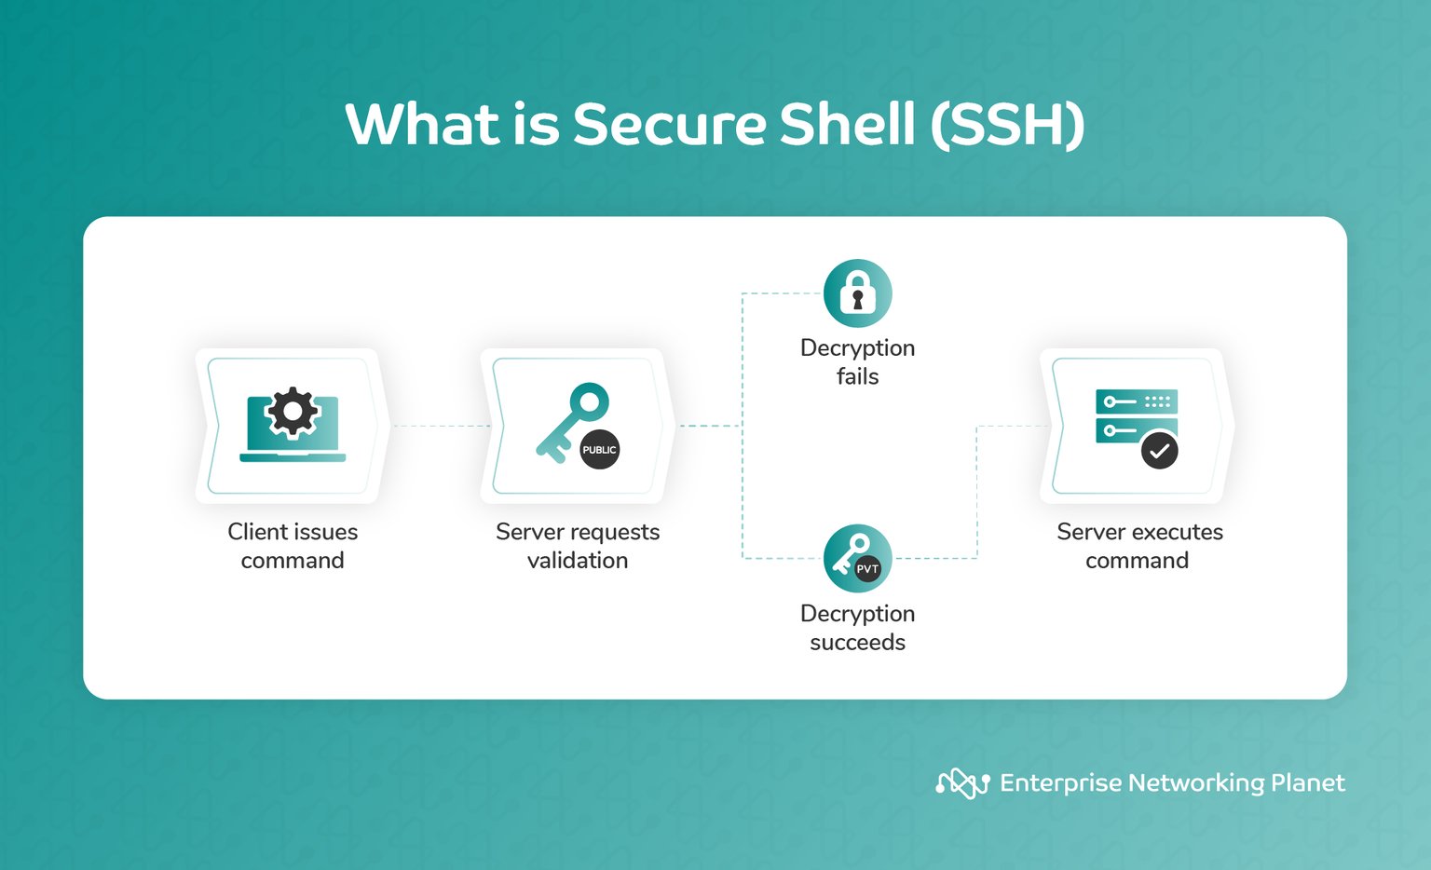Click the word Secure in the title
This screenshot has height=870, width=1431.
tap(669, 125)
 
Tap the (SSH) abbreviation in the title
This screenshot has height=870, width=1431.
tap(1007, 125)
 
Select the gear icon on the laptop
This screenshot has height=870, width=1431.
tap(293, 412)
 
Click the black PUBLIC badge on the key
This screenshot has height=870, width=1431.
tap(599, 450)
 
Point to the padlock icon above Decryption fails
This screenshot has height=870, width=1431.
tap(857, 293)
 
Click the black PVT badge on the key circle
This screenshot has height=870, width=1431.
tap(867, 569)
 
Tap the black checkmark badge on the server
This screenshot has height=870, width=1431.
tap(1159, 451)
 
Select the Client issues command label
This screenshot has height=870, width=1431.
tap(293, 546)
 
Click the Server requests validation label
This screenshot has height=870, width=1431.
tap(578, 546)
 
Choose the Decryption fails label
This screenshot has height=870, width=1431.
tap(857, 361)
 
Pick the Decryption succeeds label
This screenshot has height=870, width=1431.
tap(857, 628)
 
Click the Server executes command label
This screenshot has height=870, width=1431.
tap(1138, 546)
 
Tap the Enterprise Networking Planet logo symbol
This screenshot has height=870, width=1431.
tap(962, 783)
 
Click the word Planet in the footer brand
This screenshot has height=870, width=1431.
tap(1307, 783)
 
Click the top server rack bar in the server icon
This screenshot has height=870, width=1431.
tap(1137, 401)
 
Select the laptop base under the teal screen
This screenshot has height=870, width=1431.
tap(293, 457)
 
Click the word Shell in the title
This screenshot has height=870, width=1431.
tap(847, 125)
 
